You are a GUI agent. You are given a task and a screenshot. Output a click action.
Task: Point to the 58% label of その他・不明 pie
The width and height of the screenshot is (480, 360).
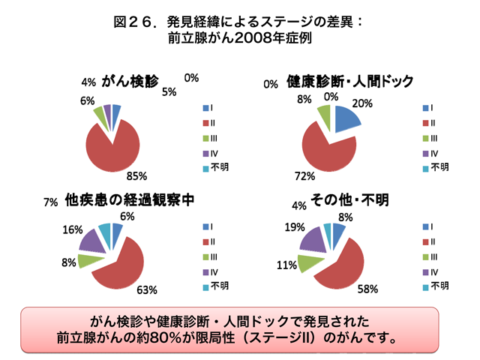(367, 288)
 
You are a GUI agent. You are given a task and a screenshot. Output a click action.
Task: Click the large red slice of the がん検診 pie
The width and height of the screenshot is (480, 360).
(112, 146)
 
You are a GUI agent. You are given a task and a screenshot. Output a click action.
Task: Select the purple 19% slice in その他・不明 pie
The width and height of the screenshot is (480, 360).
(311, 238)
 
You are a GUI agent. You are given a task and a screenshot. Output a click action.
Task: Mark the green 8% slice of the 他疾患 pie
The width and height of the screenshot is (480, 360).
(89, 261)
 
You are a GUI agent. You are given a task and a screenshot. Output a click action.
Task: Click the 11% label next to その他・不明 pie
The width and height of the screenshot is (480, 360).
(286, 265)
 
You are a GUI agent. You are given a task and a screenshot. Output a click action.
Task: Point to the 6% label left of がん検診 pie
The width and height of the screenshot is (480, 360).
(87, 100)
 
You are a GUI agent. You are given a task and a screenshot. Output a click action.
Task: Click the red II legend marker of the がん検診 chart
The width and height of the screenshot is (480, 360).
(204, 122)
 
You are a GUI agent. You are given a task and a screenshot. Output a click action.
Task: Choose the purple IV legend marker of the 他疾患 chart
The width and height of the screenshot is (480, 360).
(204, 271)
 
